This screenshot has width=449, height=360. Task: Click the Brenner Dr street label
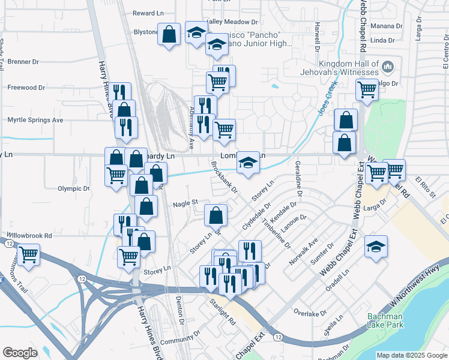[22, 61]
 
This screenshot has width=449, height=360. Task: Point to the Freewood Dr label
[26, 87]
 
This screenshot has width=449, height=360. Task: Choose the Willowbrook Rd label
[29, 236]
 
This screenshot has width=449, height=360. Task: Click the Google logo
[20, 353]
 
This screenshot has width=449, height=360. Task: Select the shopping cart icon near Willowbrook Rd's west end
[28, 255]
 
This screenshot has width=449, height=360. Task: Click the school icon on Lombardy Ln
[247, 163]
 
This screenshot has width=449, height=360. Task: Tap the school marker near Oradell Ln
[376, 247]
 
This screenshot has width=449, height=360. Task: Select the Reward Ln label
[148, 13]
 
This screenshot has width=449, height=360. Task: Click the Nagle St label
[185, 203]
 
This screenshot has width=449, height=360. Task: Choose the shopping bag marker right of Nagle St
[215, 215]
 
